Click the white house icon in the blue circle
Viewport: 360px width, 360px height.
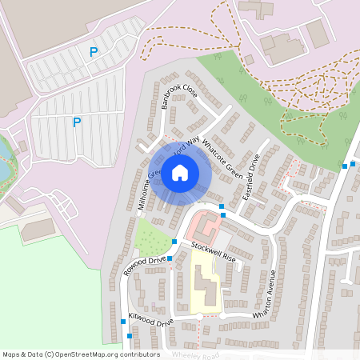tap(180, 172)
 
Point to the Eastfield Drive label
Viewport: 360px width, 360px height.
tap(251, 178)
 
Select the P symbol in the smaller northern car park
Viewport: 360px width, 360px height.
tap(94, 52)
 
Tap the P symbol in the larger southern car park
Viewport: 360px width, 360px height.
tap(77, 122)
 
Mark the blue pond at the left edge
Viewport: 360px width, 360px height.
tap(4, 160)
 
